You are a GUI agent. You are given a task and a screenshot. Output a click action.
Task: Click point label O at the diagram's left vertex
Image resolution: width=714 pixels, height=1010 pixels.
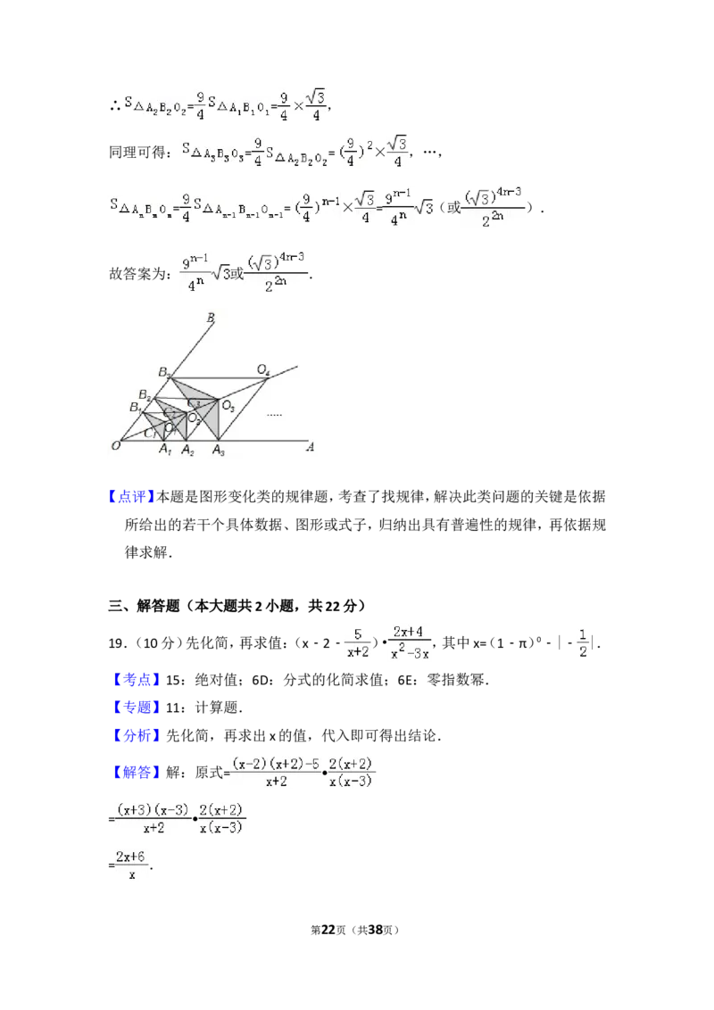click(116, 445)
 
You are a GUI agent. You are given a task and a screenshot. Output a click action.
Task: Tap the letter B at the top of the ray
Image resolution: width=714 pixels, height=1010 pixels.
click(211, 317)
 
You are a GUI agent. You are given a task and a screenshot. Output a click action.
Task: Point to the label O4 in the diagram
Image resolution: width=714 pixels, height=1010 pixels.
click(263, 369)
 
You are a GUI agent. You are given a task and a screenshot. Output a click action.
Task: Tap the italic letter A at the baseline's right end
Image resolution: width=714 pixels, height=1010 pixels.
click(311, 447)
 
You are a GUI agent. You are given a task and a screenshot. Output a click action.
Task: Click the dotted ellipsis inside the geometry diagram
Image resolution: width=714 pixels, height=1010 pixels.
click(274, 414)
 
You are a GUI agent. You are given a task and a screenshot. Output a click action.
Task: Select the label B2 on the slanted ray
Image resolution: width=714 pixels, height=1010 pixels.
click(145, 394)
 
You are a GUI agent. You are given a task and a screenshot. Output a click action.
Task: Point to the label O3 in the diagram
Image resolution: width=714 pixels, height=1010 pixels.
click(228, 407)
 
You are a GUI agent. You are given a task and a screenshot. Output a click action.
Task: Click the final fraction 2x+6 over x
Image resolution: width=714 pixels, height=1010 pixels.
click(132, 865)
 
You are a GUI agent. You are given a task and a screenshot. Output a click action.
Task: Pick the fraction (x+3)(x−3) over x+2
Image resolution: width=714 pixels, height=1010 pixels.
click(152, 817)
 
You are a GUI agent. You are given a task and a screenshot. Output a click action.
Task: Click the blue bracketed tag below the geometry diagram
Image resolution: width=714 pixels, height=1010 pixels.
click(131, 496)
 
